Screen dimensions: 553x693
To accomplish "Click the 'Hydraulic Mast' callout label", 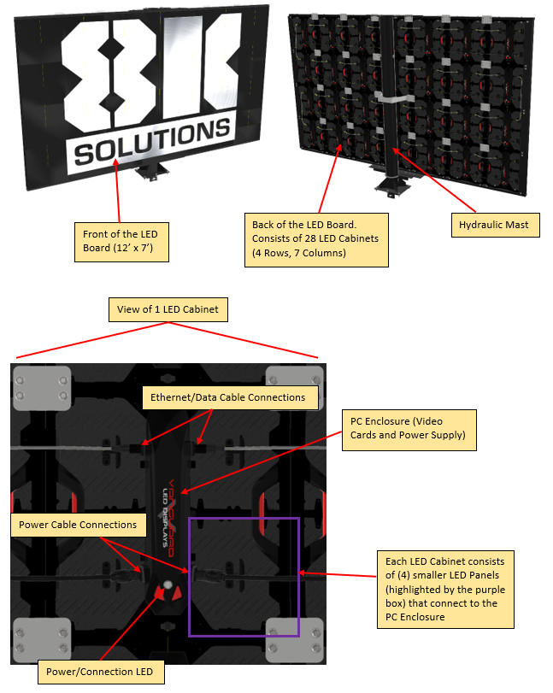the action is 495,225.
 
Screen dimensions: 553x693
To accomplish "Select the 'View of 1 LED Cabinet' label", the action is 168,309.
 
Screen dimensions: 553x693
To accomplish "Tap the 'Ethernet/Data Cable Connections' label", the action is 230,397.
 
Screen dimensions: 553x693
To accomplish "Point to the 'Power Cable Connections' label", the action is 79,525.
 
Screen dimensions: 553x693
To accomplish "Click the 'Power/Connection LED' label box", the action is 100,672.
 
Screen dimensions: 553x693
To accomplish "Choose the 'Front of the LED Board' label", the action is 121,242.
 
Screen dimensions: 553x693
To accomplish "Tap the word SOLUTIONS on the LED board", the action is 152,142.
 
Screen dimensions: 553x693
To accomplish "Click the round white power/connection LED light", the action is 168,585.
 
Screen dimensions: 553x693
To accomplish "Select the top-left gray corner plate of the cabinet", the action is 42,388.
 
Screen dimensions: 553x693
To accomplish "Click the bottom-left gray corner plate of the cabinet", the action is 42,640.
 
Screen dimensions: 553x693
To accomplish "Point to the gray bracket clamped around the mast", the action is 391,97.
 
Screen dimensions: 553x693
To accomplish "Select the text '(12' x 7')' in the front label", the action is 133,248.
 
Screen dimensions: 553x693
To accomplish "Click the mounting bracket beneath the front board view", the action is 151,171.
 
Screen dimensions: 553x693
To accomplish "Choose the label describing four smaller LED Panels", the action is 445,589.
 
